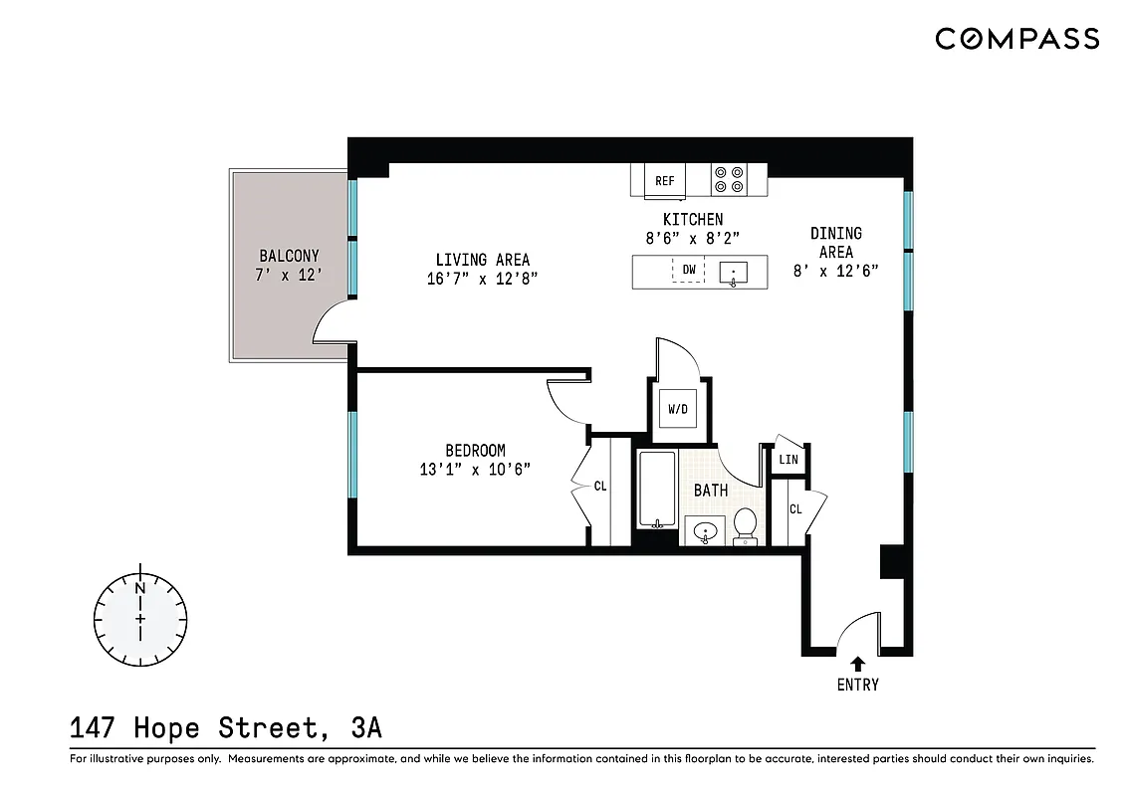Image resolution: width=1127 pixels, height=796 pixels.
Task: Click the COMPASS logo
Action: coord(1016,39)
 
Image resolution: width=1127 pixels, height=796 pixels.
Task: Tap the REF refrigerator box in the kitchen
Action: coord(664,180)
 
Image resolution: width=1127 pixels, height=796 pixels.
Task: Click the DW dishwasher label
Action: coord(688,270)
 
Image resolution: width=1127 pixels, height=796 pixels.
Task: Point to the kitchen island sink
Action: coord(735,271)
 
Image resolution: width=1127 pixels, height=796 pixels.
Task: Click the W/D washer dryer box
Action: coord(678,408)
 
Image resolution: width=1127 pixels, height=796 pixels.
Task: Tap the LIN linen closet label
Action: coord(789,460)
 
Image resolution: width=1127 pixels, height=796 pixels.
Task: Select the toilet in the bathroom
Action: coord(746,525)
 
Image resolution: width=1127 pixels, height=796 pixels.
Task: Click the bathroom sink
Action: coord(705,531)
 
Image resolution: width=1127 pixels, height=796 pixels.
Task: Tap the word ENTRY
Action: coord(858,685)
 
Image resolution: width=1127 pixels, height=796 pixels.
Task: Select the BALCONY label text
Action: coord(289,256)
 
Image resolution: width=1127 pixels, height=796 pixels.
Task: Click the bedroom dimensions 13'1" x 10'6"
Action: coord(475,470)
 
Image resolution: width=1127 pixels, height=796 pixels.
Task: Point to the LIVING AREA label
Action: coord(483,261)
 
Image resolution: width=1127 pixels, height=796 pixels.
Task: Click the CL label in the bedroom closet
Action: coord(600,487)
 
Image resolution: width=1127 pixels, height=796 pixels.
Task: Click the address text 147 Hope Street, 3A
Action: coord(226,728)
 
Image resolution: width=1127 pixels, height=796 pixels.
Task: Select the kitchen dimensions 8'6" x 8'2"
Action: coord(693,238)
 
